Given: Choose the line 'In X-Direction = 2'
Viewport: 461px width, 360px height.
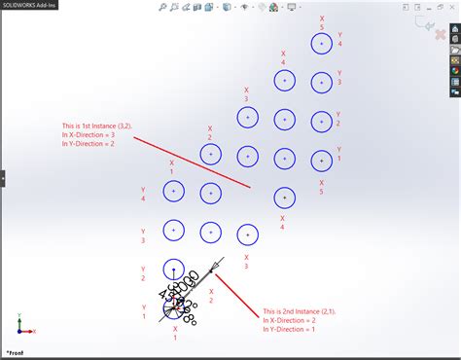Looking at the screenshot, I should click(x=291, y=320).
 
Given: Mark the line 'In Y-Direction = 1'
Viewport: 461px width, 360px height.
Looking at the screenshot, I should click(x=291, y=330).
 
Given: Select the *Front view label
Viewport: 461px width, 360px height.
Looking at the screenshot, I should click(x=18, y=352).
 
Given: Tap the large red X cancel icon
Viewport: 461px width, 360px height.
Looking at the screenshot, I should click(x=440, y=35).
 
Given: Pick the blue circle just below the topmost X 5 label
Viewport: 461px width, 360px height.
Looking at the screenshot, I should click(x=321, y=44).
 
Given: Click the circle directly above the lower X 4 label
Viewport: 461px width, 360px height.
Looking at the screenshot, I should click(x=284, y=198).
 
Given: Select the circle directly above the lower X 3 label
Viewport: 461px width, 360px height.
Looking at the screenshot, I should click(x=247, y=234).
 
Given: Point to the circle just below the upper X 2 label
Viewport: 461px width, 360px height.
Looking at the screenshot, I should click(x=210, y=155).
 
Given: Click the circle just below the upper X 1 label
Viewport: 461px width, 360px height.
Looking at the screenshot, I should click(x=173, y=192).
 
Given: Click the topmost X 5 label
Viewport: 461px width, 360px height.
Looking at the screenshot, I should click(x=321, y=22).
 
